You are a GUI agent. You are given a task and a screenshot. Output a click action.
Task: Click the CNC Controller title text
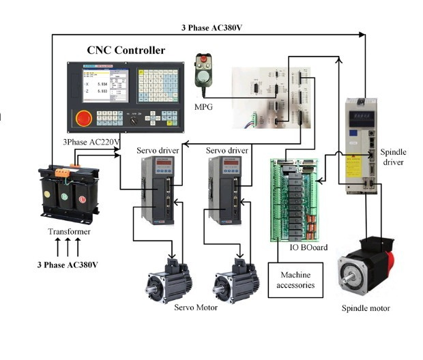tap(126, 50)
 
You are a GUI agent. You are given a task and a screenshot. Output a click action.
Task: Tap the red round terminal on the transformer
tap(83, 199)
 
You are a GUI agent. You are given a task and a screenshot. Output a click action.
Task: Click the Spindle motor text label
tap(366, 308)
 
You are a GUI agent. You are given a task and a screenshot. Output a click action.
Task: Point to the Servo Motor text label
tap(196, 308)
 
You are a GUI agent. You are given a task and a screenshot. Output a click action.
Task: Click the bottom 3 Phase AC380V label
tap(67, 264)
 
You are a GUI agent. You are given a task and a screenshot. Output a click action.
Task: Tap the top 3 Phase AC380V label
tap(211, 28)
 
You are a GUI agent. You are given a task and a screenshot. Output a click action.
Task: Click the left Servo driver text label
tap(158, 150)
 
